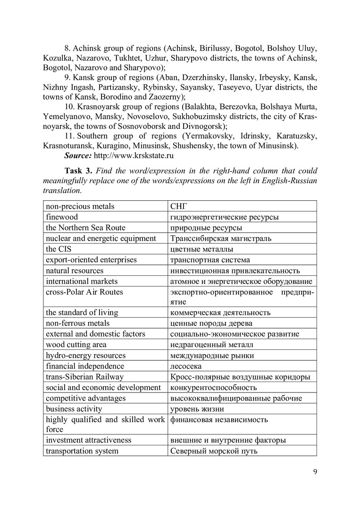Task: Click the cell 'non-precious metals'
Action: point(80,206)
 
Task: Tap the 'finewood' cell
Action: point(62,217)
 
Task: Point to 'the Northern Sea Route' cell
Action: point(85,228)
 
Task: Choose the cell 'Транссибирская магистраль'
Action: point(220,238)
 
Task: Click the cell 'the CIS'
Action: point(59,249)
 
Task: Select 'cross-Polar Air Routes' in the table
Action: point(84,292)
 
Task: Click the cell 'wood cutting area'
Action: point(76,345)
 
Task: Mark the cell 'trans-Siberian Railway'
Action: point(84,377)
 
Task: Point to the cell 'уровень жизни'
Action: point(197,409)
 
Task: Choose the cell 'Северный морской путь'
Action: point(213,451)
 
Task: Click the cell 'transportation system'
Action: point(82,451)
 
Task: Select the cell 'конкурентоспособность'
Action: point(213,388)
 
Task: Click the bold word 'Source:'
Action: point(78,155)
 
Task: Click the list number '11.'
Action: point(70,136)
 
